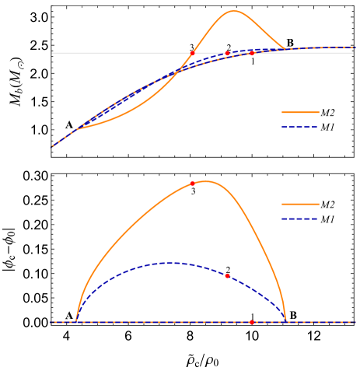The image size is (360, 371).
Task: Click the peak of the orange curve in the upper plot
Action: point(234,11)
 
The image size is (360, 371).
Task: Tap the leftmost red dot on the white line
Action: point(193,53)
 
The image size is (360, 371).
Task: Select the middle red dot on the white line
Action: point(227,54)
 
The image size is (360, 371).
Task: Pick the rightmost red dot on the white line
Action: point(252,53)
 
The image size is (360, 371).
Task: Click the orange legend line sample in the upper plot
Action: point(300,112)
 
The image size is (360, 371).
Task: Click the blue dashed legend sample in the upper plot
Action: point(300,127)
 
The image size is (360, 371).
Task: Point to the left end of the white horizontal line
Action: point(53,53)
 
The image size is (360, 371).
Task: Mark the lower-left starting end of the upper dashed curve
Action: point(53,145)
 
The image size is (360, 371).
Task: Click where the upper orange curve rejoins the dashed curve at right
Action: point(285,49)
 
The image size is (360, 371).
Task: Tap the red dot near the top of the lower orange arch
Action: point(192,184)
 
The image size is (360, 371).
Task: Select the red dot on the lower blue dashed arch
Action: point(227,275)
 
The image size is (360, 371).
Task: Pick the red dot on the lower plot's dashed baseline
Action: point(252,322)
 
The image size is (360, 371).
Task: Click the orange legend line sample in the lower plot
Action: point(300,204)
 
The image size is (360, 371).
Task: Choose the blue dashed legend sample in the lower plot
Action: point(300,219)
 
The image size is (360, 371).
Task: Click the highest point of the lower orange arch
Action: point(205,181)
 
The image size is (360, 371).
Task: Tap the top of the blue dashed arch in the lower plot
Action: point(173,263)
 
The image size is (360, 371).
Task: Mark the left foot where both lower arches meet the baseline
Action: point(76,320)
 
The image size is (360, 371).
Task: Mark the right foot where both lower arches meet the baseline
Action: point(286,320)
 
